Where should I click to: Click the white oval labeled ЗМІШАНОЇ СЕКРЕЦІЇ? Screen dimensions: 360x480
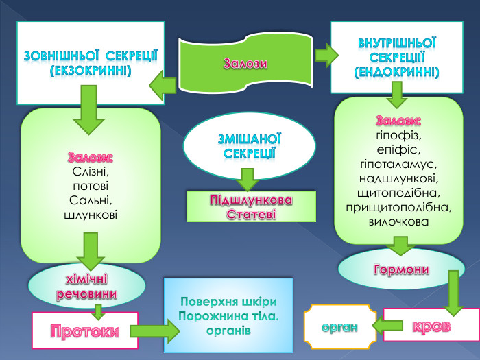tap(250, 145)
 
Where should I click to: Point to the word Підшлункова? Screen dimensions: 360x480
tap(251, 200)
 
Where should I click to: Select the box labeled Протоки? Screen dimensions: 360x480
tap(85, 331)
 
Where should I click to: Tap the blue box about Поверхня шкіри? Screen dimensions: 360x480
tap(229, 316)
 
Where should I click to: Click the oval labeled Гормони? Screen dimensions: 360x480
tap(401, 269)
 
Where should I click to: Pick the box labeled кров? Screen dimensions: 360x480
tap(431, 326)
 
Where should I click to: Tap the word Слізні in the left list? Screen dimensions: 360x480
tap(91, 171)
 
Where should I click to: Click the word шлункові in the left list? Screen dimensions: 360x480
tap(90, 215)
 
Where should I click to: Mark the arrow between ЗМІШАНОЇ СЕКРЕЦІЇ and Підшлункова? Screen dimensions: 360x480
tap(248, 180)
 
